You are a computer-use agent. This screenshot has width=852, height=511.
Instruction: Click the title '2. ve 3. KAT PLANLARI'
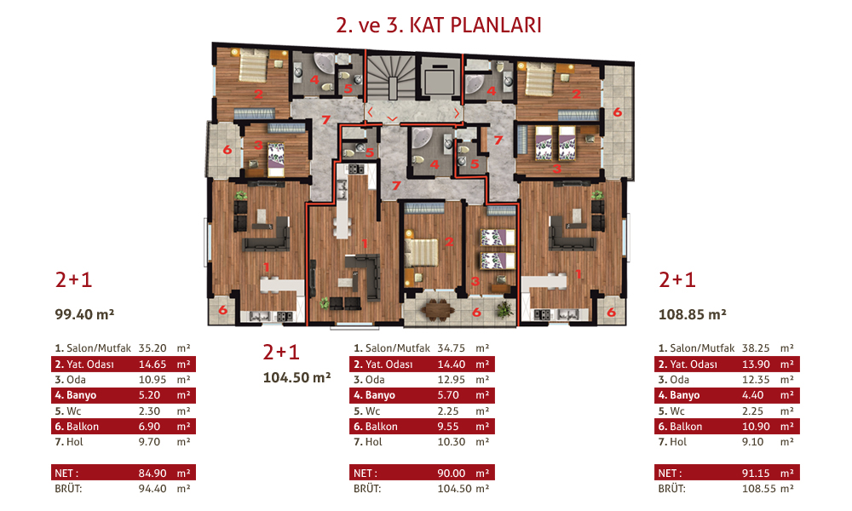[439, 26]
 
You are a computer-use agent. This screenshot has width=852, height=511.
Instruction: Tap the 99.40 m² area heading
[84, 314]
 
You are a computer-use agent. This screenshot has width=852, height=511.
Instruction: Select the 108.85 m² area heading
[692, 314]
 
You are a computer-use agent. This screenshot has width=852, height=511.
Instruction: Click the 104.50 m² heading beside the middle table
[296, 377]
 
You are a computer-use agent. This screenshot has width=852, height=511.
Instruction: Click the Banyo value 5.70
[448, 395]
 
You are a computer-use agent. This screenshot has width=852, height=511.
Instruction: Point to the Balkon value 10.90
[756, 427]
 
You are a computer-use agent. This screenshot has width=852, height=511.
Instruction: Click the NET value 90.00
[452, 474]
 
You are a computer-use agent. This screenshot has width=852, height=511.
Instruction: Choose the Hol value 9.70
[149, 442]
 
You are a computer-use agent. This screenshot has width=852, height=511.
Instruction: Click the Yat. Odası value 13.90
[756, 365]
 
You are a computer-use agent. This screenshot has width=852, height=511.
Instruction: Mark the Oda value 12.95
[452, 380]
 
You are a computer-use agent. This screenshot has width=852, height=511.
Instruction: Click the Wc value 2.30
[149, 411]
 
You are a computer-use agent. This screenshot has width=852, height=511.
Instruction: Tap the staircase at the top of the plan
[391, 77]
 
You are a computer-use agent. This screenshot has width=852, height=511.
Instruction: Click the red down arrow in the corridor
[392, 119]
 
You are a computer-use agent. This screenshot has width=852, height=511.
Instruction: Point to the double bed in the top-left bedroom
[253, 66]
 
